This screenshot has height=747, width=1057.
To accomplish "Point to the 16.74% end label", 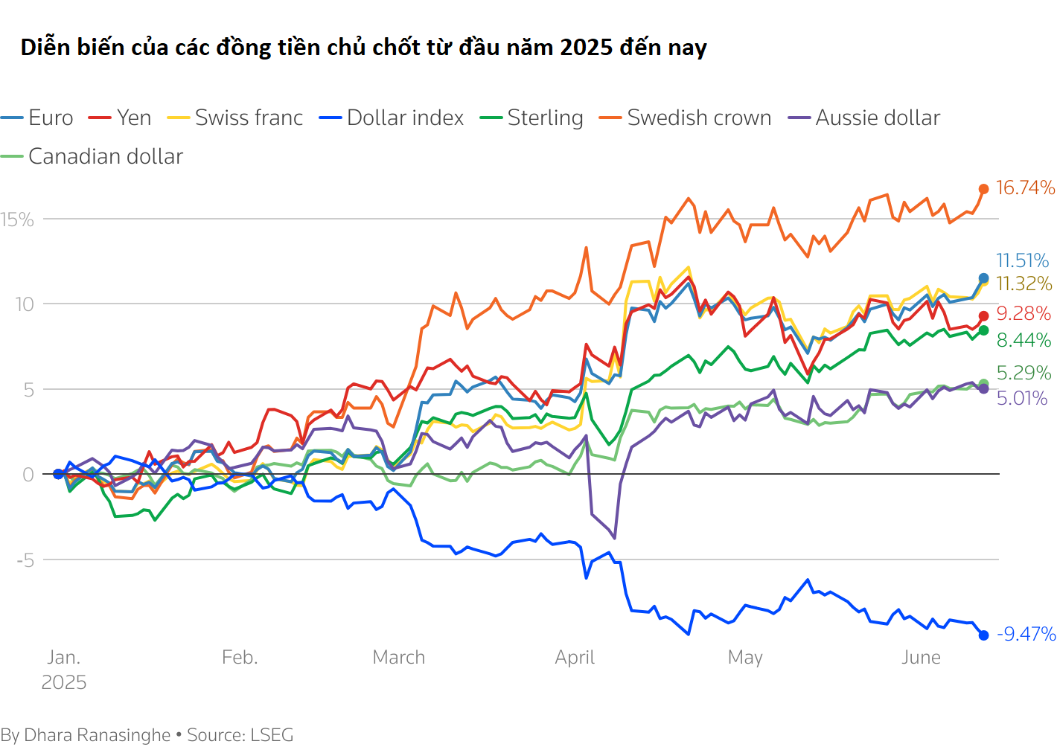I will click(1025, 187).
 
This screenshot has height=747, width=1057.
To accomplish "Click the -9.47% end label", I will click(1026, 634).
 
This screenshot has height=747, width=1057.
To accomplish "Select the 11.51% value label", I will click(1022, 260).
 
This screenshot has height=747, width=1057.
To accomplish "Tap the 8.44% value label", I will click(1024, 340).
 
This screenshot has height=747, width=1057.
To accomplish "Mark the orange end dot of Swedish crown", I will click(983, 189).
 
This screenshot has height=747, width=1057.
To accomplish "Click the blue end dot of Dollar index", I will click(983, 635).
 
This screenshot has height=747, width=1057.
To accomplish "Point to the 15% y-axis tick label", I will click(17, 219).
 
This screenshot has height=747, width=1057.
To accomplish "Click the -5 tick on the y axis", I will click(26, 560).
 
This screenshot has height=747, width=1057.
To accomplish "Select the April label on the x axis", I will click(575, 657).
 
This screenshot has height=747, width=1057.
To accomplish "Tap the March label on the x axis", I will click(399, 657).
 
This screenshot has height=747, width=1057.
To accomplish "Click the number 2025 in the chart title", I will click(586, 47).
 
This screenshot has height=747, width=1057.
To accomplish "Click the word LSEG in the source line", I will click(272, 735).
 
